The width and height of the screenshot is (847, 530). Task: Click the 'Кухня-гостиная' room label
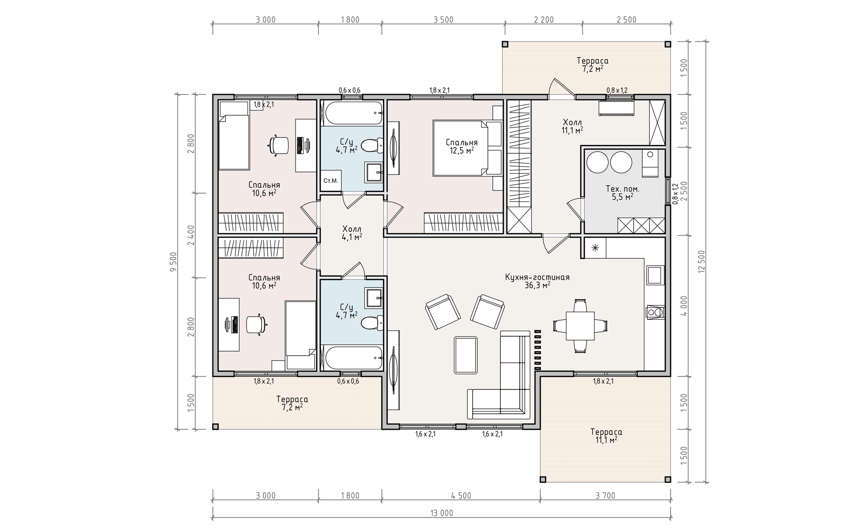(537, 277)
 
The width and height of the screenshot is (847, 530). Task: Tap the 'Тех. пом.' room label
(622, 189)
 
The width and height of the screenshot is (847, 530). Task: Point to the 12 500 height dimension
(702, 262)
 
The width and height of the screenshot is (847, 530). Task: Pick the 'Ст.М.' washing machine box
(331, 180)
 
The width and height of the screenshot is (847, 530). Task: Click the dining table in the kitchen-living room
(580, 326)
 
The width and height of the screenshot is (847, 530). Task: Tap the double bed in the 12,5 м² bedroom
(468, 148)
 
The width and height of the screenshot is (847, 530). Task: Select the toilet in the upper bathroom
(372, 145)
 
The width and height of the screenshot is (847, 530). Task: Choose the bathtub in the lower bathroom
(352, 358)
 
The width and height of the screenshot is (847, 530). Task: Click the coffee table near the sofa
(465, 355)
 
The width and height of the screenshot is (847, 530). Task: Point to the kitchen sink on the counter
(655, 275)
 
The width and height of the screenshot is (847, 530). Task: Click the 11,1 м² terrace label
(606, 435)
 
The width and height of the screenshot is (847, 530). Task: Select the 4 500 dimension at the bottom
(461, 496)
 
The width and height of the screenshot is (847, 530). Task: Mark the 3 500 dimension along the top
(443, 20)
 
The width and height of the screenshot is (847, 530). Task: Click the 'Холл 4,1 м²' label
(352, 233)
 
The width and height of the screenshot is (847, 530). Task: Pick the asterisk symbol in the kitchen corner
(595, 248)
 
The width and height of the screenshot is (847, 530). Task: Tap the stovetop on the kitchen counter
(655, 312)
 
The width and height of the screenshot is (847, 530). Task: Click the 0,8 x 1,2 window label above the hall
(617, 91)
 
